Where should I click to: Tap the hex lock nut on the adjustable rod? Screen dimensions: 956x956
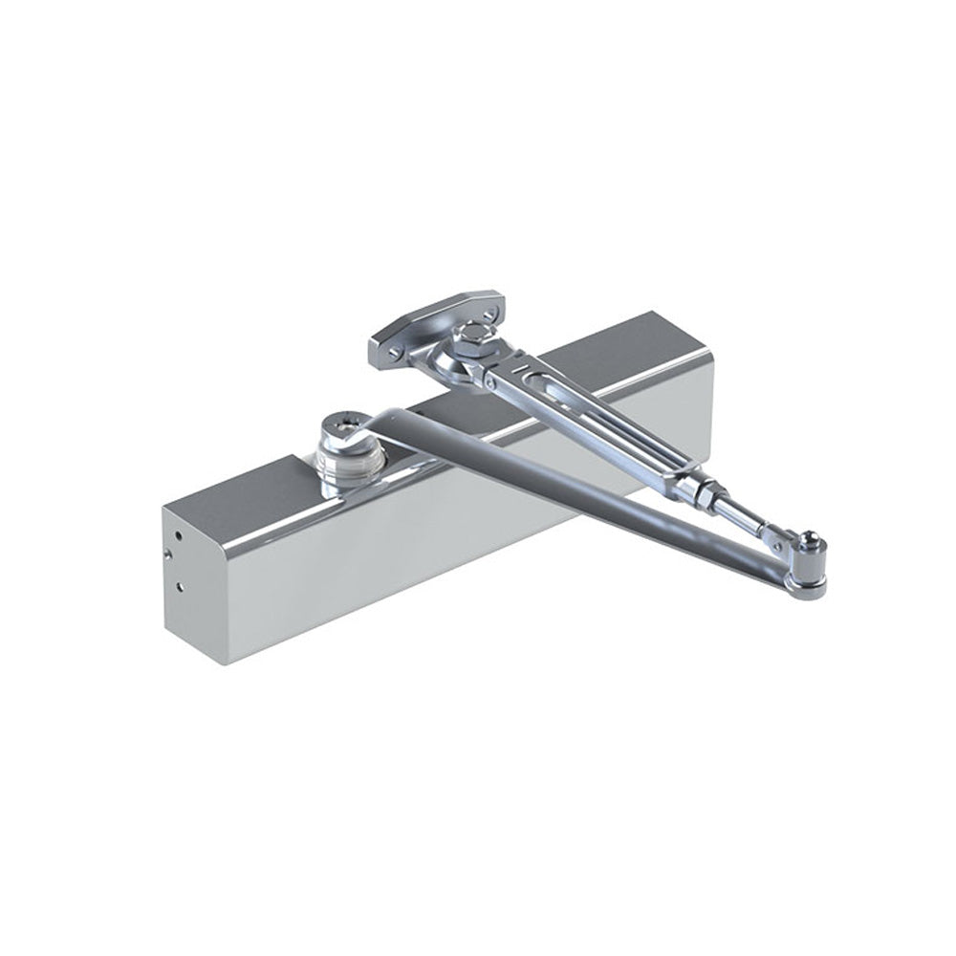click(x=705, y=498)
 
